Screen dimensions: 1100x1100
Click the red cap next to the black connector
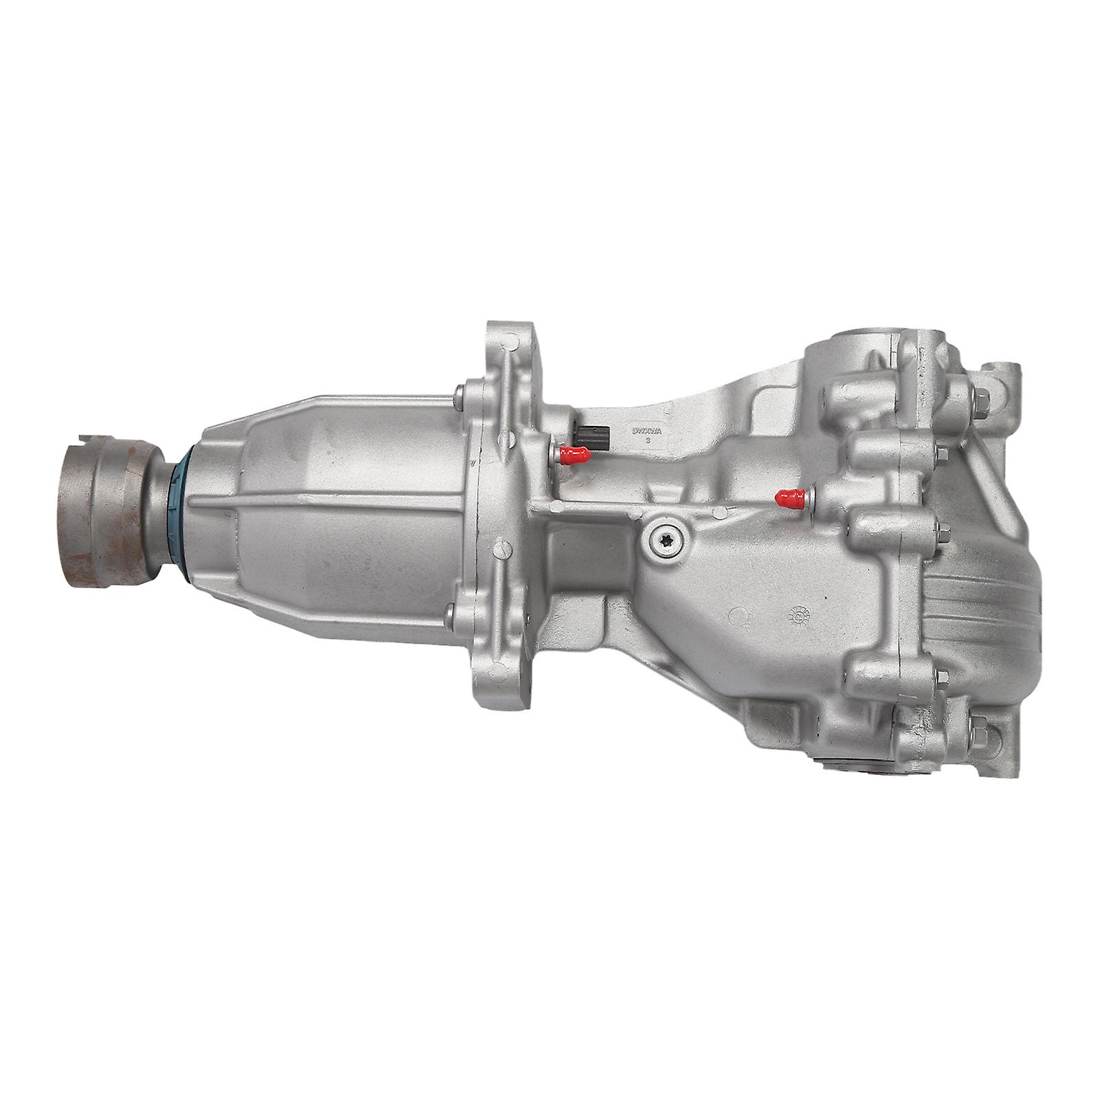573,453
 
